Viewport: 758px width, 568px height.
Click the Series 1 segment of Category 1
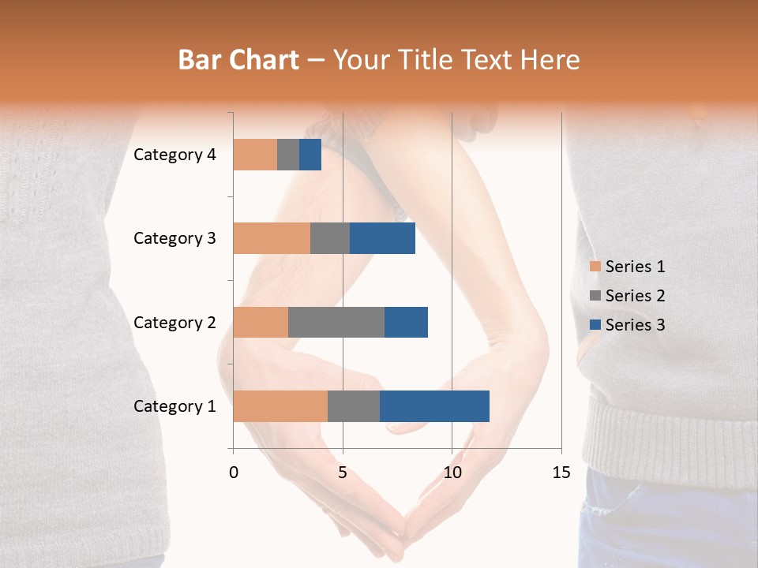280,406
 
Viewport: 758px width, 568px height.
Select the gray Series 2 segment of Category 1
354,406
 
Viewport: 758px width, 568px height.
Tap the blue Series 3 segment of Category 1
434,406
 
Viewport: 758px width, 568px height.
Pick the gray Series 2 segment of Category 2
336,322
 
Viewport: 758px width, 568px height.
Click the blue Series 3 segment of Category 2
406,322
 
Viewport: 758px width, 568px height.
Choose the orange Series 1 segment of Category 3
272,238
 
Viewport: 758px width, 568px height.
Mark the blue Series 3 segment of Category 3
382,238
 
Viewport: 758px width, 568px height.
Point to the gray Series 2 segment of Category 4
288,155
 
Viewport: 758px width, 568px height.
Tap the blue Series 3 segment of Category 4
310,155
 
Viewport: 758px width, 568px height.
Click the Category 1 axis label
174,406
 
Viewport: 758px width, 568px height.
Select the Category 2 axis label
174,322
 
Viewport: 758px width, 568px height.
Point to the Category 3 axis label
174,238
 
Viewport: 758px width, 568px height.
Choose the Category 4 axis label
174,155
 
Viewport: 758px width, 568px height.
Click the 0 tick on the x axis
234,473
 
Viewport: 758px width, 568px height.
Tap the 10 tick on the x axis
452,473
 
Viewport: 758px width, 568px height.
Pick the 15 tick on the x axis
561,473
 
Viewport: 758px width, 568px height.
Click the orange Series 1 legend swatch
595,267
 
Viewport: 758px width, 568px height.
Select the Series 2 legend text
635,296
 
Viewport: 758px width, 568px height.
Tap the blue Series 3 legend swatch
595,325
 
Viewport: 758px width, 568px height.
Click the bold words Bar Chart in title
238,60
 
